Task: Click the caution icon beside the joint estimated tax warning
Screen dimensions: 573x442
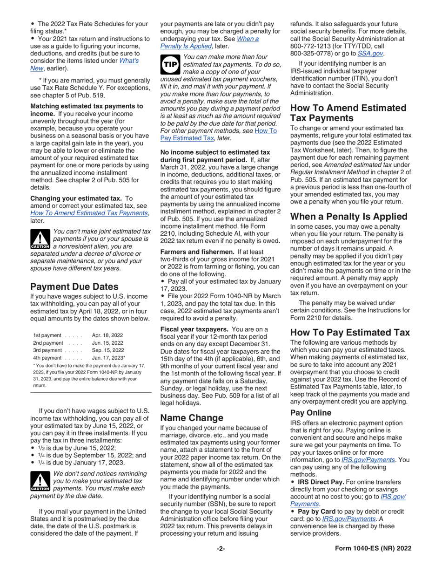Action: [40, 239]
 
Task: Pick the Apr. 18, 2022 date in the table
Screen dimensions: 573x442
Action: [107, 335]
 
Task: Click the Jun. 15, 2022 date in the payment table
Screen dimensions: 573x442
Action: [107, 342]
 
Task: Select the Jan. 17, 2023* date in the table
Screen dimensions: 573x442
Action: [109, 358]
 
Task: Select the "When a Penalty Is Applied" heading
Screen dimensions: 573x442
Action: [348, 216]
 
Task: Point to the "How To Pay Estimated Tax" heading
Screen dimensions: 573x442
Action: [350, 332]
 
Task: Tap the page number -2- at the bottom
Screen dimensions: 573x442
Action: [221, 548]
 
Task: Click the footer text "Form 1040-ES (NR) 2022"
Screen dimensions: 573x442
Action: [373, 548]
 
